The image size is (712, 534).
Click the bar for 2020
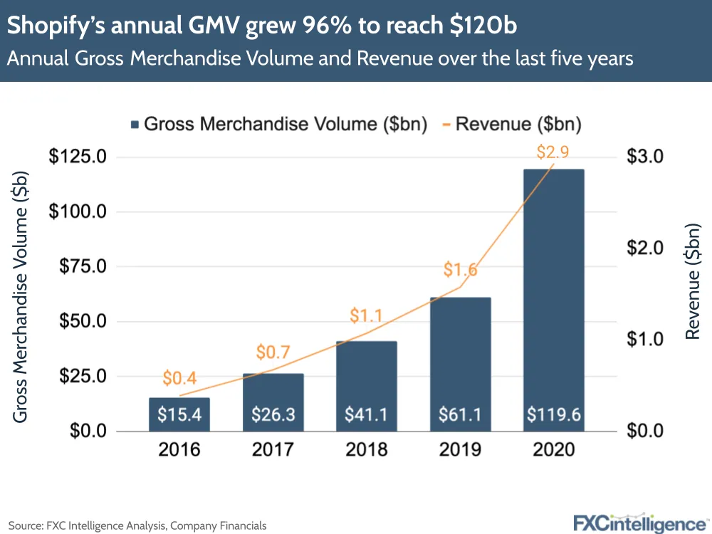(x=554, y=299)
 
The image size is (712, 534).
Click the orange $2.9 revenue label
(x=553, y=152)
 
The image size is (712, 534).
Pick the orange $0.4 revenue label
(x=179, y=378)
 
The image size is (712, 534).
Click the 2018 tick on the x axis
(x=367, y=450)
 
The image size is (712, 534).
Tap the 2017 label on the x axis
(x=273, y=450)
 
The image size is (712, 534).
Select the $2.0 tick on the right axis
(x=644, y=248)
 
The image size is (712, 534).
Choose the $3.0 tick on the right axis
(x=644, y=157)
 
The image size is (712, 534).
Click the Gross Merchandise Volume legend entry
(x=278, y=125)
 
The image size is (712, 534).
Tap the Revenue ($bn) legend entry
(x=511, y=125)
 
